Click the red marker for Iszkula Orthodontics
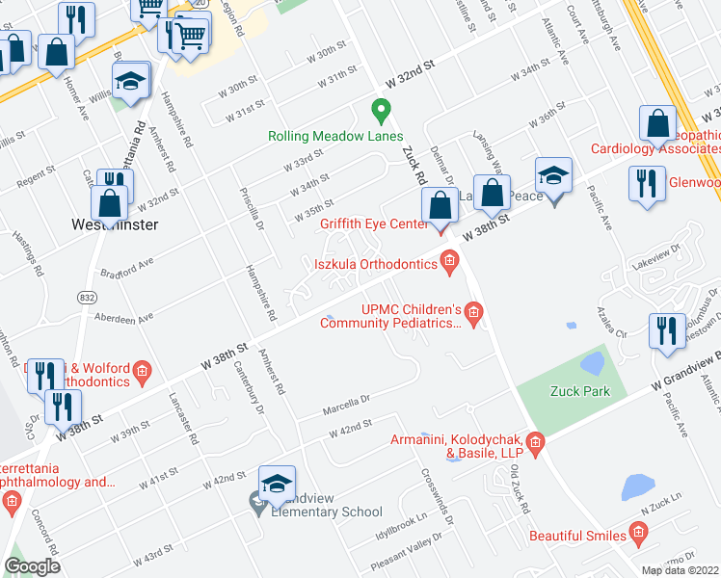(449, 260)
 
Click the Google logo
(32, 565)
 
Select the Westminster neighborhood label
(115, 224)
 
